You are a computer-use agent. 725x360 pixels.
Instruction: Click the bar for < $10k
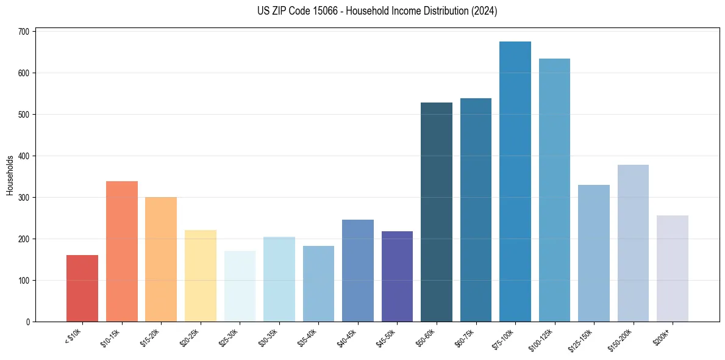coord(82,288)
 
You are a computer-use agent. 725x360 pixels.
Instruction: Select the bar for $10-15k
coord(121,251)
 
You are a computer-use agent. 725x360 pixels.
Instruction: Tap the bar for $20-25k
coord(201,276)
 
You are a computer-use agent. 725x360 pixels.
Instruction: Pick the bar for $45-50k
coord(397,276)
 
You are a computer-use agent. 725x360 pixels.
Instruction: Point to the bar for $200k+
coord(673,268)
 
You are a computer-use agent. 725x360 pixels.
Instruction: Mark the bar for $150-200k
coord(633,243)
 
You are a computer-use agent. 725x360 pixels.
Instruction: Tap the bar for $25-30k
coord(240,286)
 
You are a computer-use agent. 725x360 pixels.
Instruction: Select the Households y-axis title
coord(10,175)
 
